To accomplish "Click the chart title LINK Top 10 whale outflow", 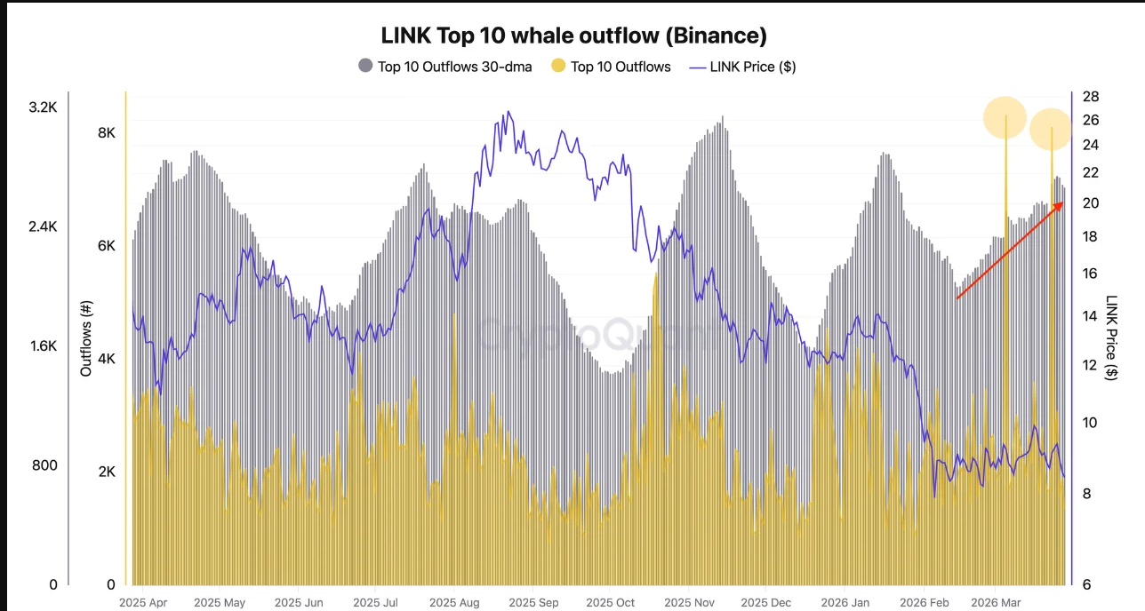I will (573, 36).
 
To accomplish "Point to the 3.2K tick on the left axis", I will (43, 107).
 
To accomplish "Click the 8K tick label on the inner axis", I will (106, 133).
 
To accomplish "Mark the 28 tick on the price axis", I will (1091, 97).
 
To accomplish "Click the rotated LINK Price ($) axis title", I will (1112, 337).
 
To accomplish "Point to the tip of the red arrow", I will (1063, 203).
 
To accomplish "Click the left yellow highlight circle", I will (1005, 117).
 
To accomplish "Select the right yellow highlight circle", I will (1052, 129).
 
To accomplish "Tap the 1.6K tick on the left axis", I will (43, 346).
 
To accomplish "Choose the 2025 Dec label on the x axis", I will (766, 602).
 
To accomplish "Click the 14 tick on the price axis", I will (1091, 315).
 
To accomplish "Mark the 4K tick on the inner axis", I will (106, 359).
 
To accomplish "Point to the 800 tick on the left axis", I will (45, 465).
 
